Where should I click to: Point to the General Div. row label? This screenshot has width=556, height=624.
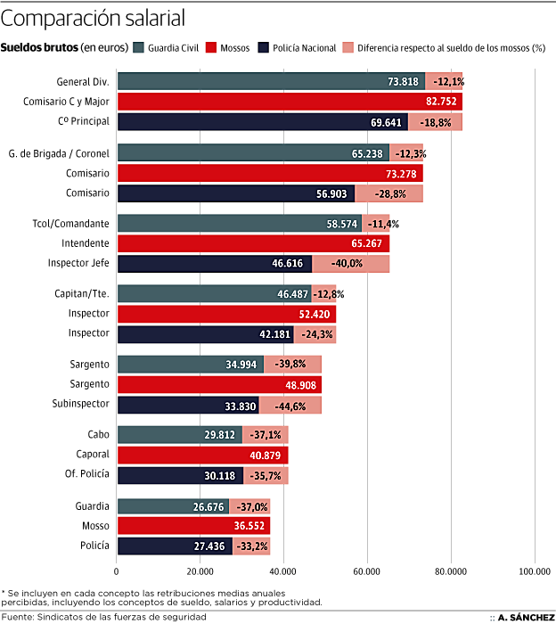(x=81, y=81)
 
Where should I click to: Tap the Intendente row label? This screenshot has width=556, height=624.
(x=86, y=242)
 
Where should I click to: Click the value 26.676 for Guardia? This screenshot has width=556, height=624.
(x=208, y=506)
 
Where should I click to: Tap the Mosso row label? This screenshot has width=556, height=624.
(x=94, y=526)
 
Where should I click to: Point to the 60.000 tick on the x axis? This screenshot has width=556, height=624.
(x=367, y=571)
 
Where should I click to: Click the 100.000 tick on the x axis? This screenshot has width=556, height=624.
(x=534, y=571)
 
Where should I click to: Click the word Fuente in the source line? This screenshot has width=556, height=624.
(x=18, y=616)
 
